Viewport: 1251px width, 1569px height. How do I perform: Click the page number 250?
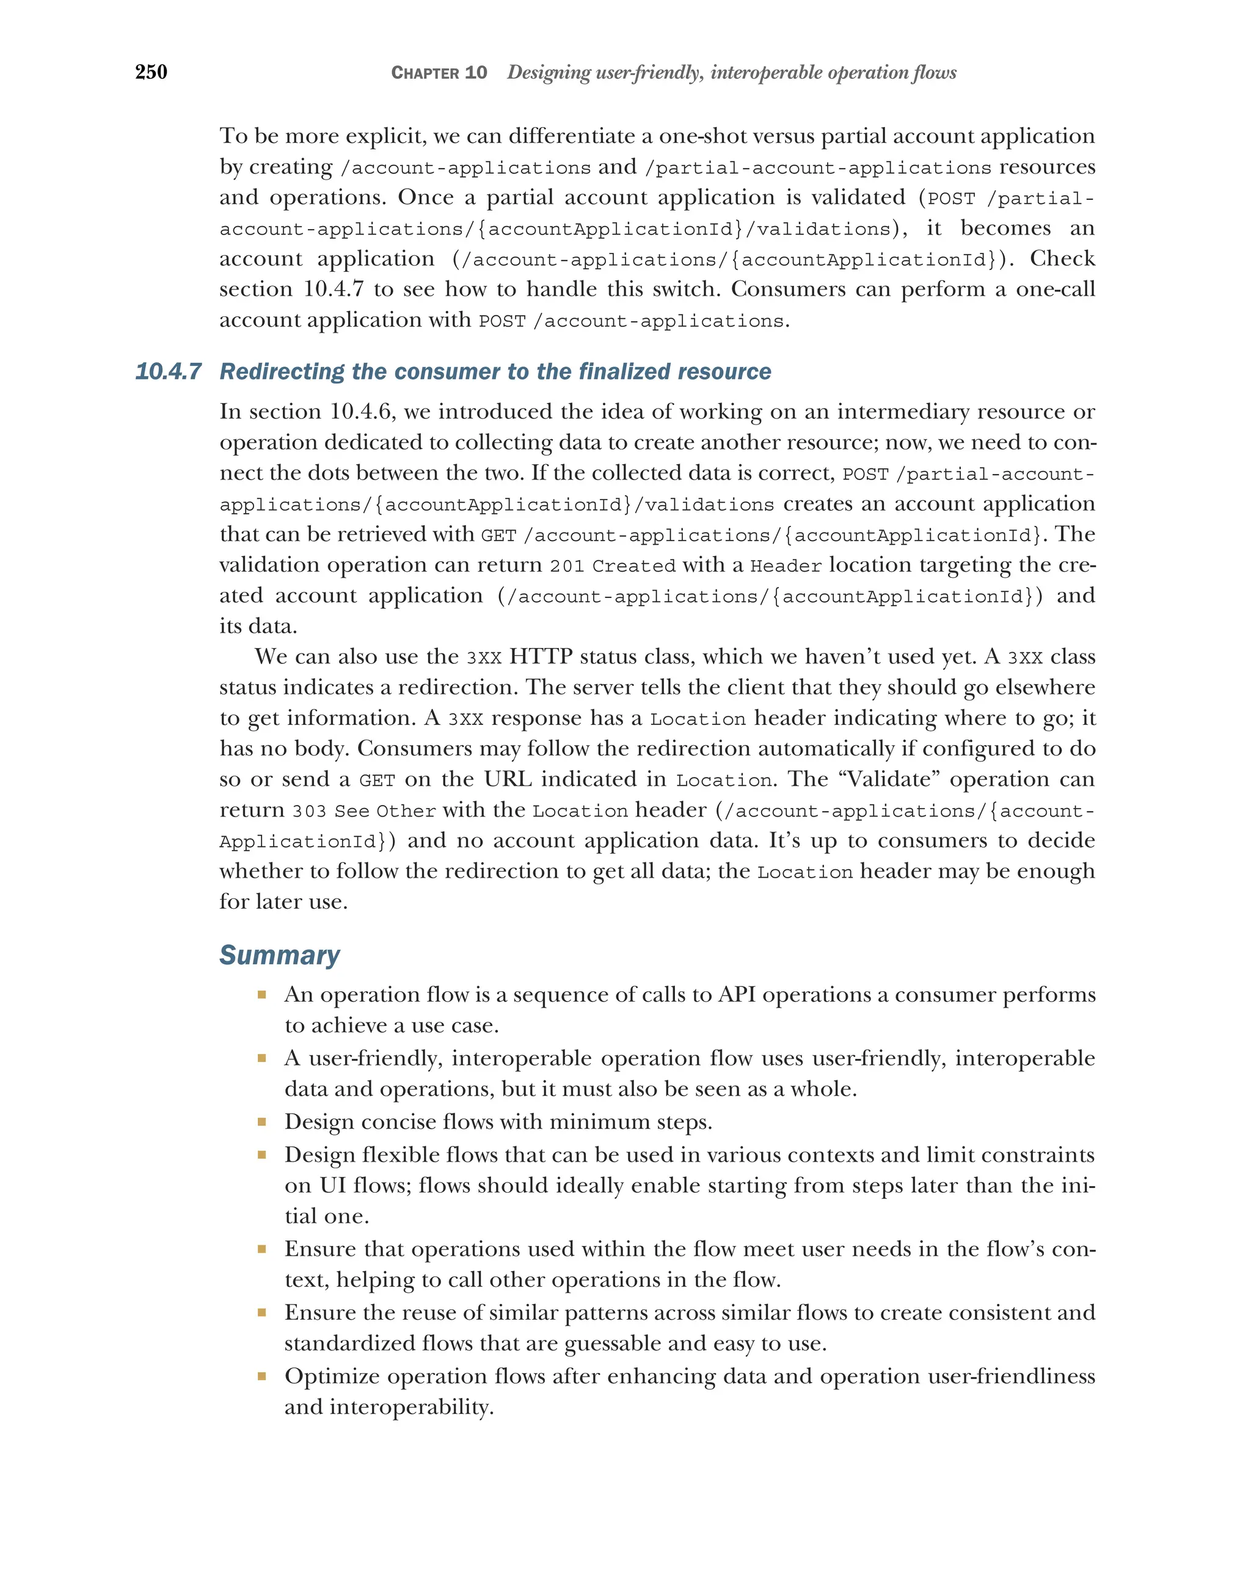tap(151, 71)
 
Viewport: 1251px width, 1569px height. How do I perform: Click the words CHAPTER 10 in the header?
tap(439, 73)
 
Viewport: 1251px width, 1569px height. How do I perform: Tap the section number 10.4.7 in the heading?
tap(168, 372)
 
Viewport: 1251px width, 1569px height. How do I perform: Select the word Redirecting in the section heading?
tap(282, 372)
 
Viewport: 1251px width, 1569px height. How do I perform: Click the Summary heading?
tap(279, 955)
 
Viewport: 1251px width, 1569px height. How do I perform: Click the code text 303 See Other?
tap(364, 810)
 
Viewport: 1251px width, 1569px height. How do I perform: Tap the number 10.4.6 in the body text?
tap(362, 412)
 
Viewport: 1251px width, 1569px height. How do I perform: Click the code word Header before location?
tap(786, 566)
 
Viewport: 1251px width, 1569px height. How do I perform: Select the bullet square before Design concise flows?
tap(261, 1121)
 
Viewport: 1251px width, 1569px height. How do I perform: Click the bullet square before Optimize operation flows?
tap(261, 1376)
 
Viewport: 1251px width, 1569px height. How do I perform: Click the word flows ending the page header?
tap(936, 72)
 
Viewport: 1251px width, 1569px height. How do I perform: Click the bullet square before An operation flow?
tap(261, 995)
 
